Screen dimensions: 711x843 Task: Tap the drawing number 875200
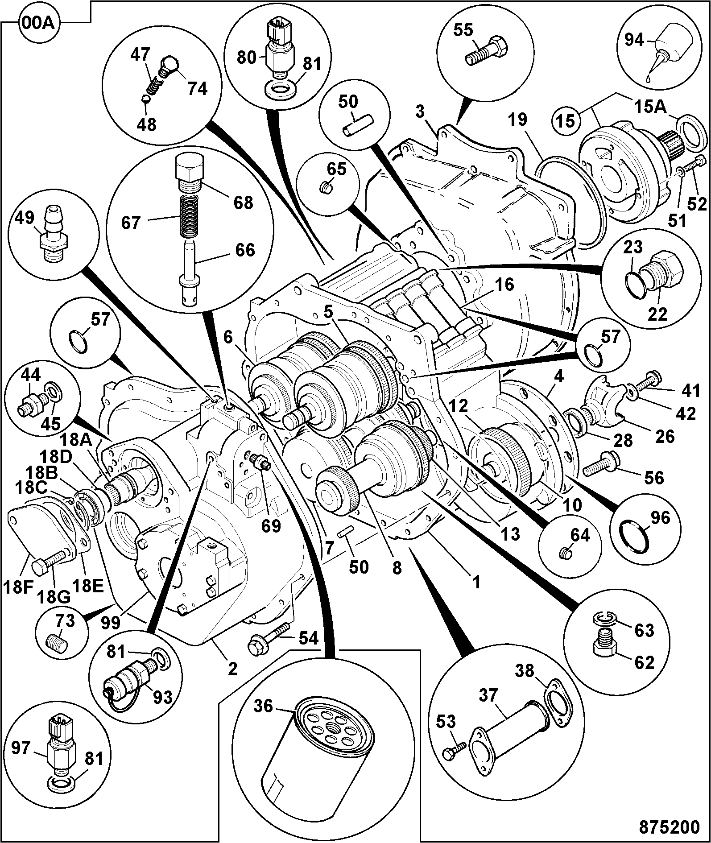[x=670, y=827]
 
